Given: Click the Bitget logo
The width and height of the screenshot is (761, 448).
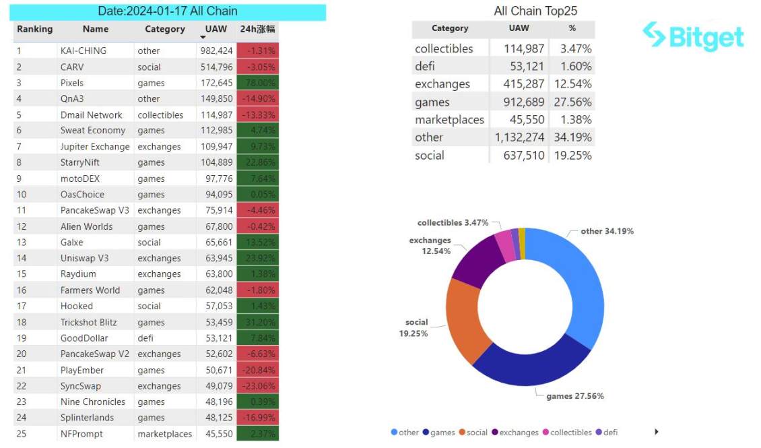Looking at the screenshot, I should pyautogui.click(x=693, y=36).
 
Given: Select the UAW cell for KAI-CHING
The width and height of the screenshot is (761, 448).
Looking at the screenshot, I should pyautogui.click(x=216, y=51).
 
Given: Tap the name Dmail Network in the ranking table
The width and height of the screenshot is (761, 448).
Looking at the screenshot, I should pyautogui.click(x=92, y=115).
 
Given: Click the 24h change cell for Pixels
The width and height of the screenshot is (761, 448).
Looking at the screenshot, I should pyautogui.click(x=257, y=83).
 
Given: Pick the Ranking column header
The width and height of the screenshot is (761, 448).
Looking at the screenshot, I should pyautogui.click(x=34, y=29).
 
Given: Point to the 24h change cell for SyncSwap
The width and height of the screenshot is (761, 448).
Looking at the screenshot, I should pyautogui.click(x=257, y=386).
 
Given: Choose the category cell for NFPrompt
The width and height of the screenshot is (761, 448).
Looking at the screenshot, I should pyautogui.click(x=164, y=434).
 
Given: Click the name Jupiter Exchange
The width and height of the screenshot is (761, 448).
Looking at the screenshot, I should pyautogui.click(x=95, y=146).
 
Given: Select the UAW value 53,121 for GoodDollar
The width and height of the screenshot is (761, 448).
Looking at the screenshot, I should pyautogui.click(x=216, y=338).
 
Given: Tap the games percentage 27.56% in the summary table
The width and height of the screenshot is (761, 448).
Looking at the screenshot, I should pyautogui.click(x=572, y=102).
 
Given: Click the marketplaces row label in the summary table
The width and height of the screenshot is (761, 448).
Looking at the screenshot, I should pyautogui.click(x=449, y=120).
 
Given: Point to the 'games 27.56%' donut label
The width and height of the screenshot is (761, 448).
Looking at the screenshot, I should pyautogui.click(x=574, y=396).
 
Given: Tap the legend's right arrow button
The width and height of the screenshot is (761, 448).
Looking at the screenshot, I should pyautogui.click(x=657, y=432).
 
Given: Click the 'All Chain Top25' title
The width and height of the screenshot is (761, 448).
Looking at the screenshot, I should pyautogui.click(x=535, y=11).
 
